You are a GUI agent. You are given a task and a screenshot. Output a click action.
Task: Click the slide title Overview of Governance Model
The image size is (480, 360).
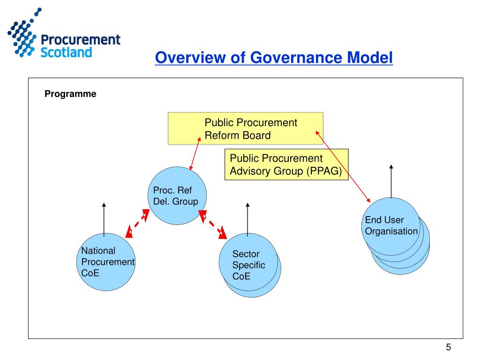click(x=274, y=58)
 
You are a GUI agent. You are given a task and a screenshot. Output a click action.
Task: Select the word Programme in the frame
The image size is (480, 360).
click(x=70, y=94)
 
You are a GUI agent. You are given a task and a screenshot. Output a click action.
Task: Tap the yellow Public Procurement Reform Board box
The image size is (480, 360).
click(x=246, y=128)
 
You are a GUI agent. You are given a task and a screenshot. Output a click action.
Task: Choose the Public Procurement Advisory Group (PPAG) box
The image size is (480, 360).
click(x=286, y=165)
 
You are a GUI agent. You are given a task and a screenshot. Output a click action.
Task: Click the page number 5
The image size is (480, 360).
click(x=448, y=347)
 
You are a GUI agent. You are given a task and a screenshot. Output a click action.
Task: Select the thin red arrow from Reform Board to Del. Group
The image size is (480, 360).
click(x=195, y=154)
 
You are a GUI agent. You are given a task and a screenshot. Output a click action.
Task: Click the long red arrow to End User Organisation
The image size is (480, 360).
click(x=343, y=166)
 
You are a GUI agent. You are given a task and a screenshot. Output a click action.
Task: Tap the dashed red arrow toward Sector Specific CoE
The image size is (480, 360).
click(x=213, y=224)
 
